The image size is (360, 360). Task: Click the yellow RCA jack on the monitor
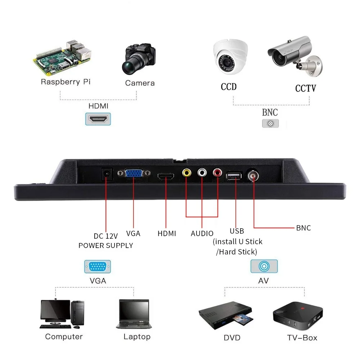point(186,173)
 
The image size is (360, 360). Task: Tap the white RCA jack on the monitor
point(202,173)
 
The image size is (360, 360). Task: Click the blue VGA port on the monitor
point(134,174)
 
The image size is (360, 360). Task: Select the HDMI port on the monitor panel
point(166,176)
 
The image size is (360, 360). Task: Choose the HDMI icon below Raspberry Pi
point(98,119)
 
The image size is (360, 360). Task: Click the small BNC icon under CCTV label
point(270,123)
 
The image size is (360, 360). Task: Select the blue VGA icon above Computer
point(98,267)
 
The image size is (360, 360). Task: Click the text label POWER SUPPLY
point(106,246)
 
